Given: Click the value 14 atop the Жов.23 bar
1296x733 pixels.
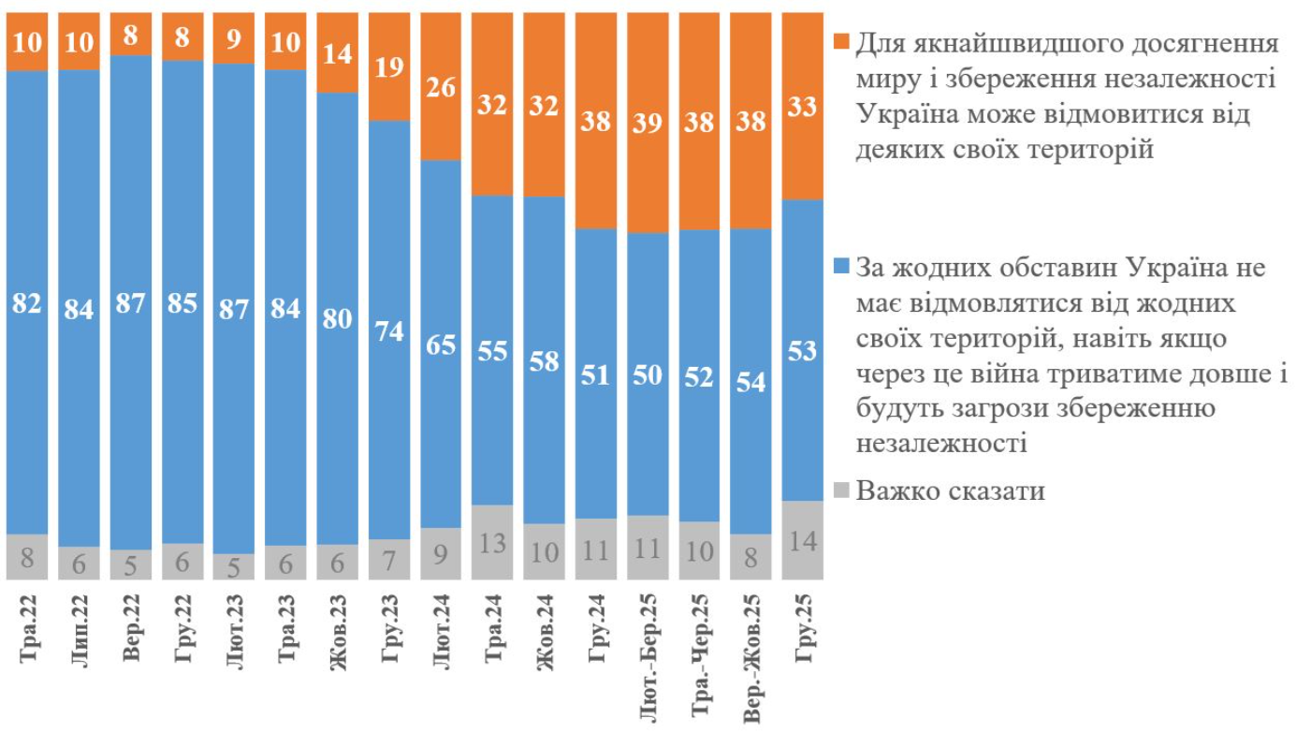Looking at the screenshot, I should coord(339,54).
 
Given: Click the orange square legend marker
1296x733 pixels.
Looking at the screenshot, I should coord(840,42).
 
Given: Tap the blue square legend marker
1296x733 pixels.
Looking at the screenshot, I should coord(840,268).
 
